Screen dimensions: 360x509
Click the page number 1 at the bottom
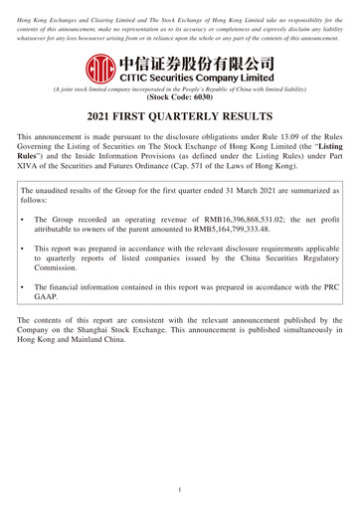point(180,490)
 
